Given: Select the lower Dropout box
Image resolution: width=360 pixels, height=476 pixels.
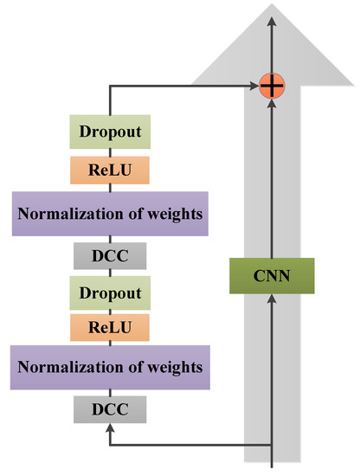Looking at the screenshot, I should pos(110,293).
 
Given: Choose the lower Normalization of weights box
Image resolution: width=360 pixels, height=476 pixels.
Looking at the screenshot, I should pos(110,368).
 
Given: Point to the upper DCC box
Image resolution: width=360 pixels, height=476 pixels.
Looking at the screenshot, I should pos(110,255).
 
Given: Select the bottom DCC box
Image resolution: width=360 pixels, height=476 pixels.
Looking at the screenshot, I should pos(110,408).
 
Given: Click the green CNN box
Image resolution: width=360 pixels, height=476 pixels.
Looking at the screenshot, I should pos(273,276).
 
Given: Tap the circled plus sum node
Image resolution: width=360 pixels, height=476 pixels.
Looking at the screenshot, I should pos(273,86).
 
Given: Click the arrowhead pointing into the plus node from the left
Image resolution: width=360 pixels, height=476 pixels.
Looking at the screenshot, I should pos(257,86).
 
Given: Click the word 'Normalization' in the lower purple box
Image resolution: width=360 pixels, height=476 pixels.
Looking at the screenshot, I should pos(62,368).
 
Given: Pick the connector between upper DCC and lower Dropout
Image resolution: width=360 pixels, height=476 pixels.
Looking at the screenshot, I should pos(110,273).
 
